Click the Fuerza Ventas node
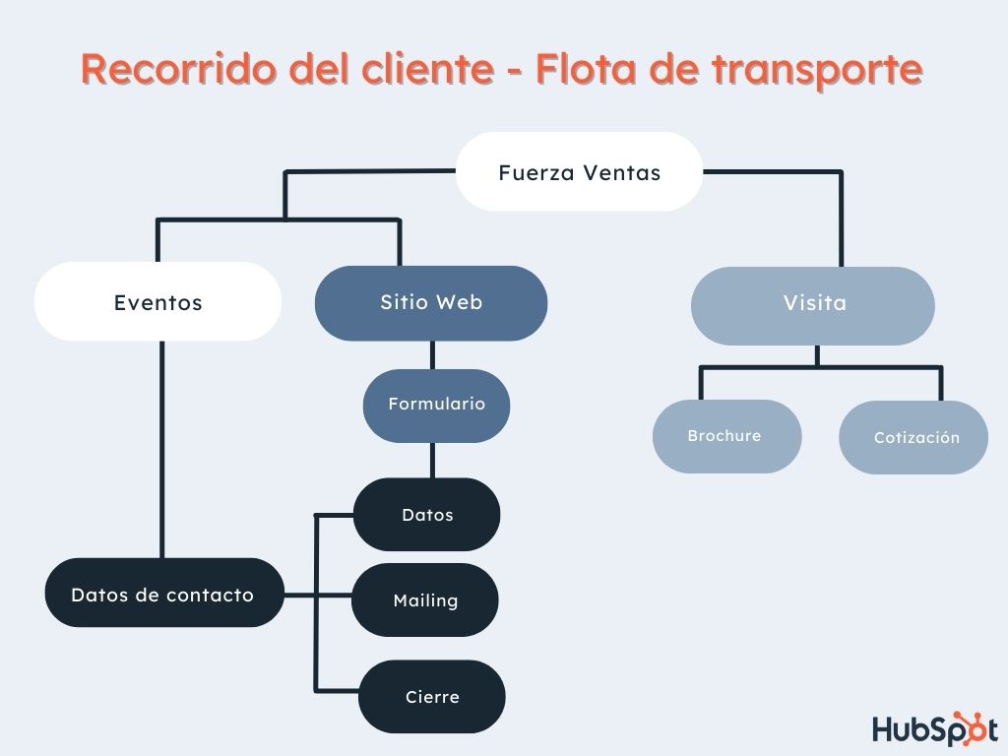pos(579,172)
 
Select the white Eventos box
pos(157,302)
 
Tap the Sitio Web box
pos(431,302)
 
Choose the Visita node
pos(813,303)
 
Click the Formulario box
pos(436,405)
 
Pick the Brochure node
pos(725,436)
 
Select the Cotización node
pos(914,437)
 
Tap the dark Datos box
pos(427,514)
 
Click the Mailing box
pos(425,599)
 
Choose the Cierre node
pos(431,696)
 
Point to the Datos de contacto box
pos(162,594)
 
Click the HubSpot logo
pos(933,728)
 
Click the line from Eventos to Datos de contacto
pos(162,448)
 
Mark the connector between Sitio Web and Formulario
pos(432,354)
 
